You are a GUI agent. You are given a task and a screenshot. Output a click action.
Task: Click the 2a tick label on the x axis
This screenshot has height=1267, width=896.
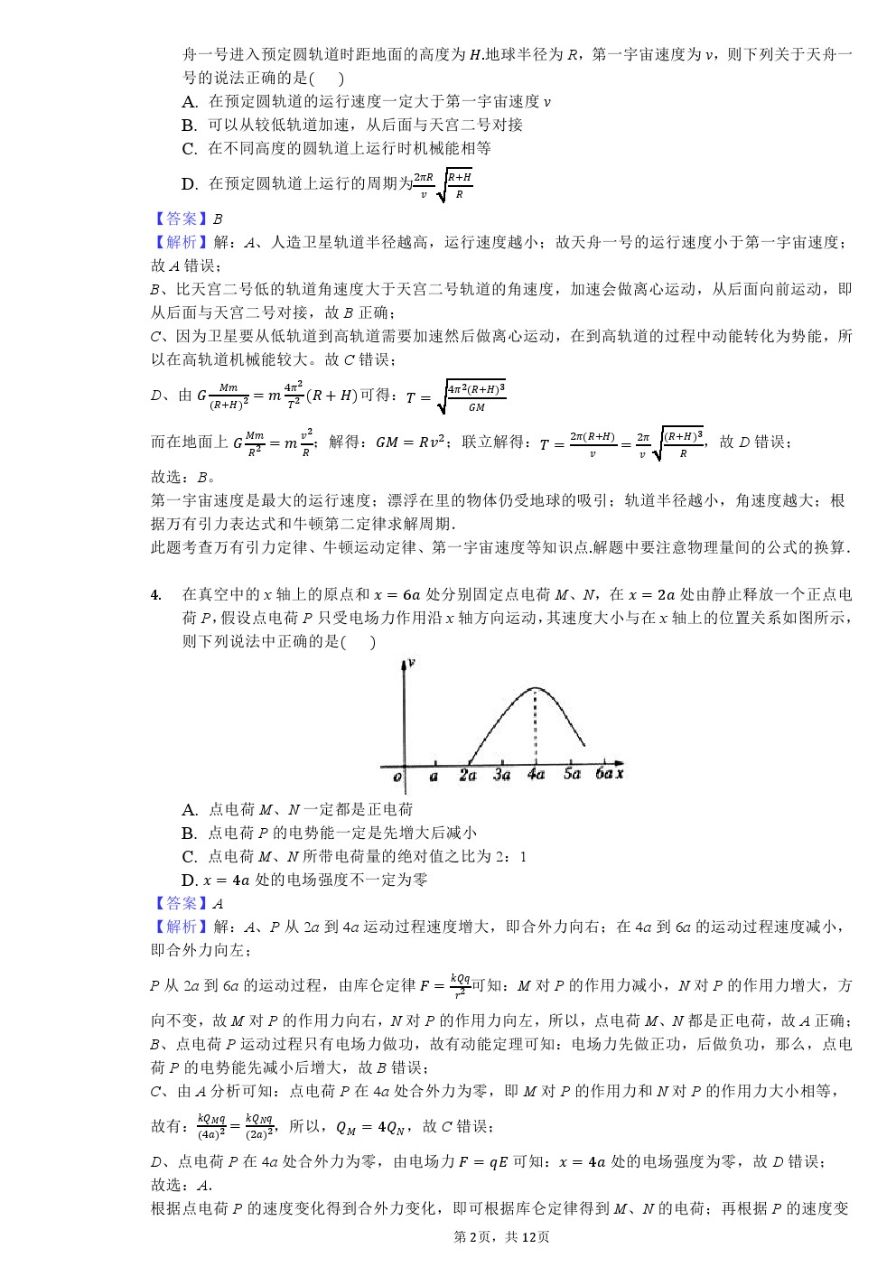(467, 775)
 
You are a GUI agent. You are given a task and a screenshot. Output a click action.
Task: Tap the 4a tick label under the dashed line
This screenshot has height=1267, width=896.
(537, 775)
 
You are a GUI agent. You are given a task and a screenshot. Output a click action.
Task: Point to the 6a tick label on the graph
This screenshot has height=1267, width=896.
(603, 774)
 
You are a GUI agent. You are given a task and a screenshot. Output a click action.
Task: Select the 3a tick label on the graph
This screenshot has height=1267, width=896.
(502, 775)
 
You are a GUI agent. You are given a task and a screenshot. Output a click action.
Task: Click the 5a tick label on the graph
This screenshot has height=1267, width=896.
(572, 774)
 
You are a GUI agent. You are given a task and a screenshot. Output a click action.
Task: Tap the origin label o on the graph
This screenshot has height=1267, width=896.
(397, 777)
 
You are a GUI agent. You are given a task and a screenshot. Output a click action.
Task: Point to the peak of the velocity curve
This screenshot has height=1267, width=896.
(537, 688)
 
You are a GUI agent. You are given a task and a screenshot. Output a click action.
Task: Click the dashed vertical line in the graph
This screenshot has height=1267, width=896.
(537, 727)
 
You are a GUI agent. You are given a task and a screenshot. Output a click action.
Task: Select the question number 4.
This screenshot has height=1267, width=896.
(156, 594)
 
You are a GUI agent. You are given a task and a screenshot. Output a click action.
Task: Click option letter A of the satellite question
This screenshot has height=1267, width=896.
(190, 102)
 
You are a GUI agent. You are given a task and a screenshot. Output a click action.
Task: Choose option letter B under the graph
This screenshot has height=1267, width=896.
(190, 834)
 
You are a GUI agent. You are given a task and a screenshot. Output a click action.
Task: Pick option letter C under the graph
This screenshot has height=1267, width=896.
(190, 857)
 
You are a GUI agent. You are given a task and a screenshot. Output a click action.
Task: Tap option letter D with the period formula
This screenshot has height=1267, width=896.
(190, 184)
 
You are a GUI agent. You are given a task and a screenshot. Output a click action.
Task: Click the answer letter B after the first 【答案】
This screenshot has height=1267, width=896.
(218, 219)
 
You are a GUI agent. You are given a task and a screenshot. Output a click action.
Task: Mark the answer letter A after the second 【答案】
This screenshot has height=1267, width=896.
(218, 904)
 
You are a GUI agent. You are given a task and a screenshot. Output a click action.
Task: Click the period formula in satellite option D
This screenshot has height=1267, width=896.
(443, 185)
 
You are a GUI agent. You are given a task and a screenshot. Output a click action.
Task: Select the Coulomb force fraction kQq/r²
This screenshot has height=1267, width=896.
(460, 985)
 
